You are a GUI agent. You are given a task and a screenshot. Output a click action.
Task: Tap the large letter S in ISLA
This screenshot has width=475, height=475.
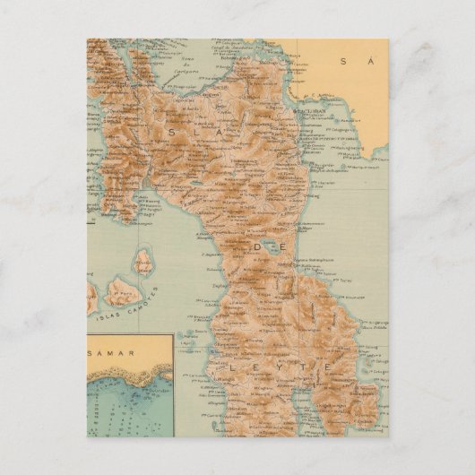[x=171, y=132]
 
